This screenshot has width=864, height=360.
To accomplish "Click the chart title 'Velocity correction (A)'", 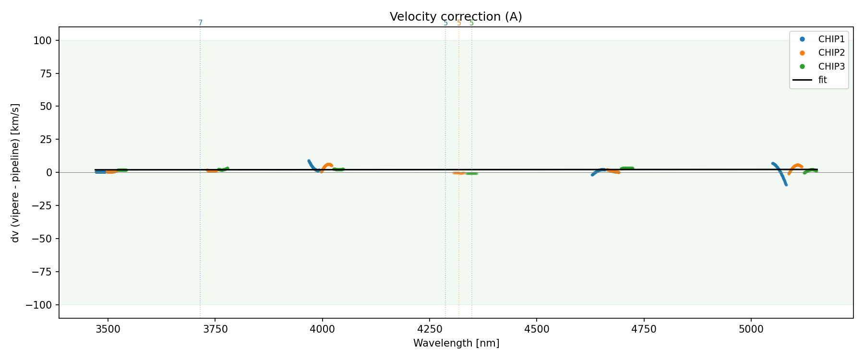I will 456,17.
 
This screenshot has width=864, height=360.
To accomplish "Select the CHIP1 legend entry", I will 831,39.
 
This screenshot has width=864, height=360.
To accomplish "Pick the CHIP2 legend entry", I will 831,53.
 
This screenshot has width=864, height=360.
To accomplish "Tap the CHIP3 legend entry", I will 831,67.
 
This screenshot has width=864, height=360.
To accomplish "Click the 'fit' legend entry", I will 822,80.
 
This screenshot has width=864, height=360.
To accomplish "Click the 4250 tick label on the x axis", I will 430,328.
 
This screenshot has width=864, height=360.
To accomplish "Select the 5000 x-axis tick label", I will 751,328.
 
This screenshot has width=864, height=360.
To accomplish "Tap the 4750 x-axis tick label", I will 644,328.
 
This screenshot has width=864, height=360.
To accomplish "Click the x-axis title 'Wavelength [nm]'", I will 456,343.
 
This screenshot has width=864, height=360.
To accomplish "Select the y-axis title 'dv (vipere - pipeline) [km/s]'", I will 15,172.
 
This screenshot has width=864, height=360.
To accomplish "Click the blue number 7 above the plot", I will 200,23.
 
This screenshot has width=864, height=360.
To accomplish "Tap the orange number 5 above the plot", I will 459,23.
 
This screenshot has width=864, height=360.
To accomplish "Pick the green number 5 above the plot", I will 471,23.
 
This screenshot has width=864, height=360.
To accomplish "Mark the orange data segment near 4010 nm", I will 326,166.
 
